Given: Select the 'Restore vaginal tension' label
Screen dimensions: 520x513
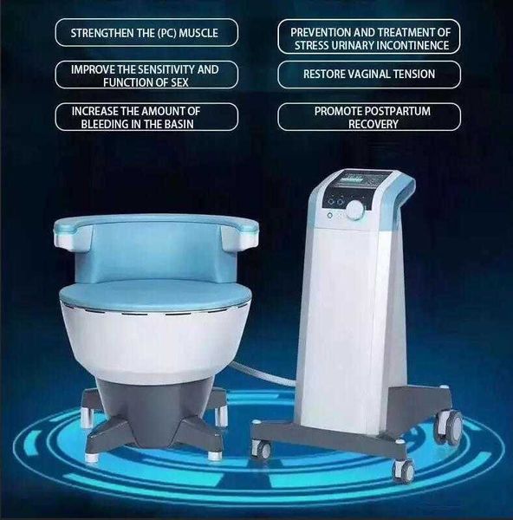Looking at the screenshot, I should (x=368, y=75).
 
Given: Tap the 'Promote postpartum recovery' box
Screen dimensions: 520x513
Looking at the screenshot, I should (x=368, y=117).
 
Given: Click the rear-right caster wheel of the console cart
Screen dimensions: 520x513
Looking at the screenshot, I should (x=452, y=423).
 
